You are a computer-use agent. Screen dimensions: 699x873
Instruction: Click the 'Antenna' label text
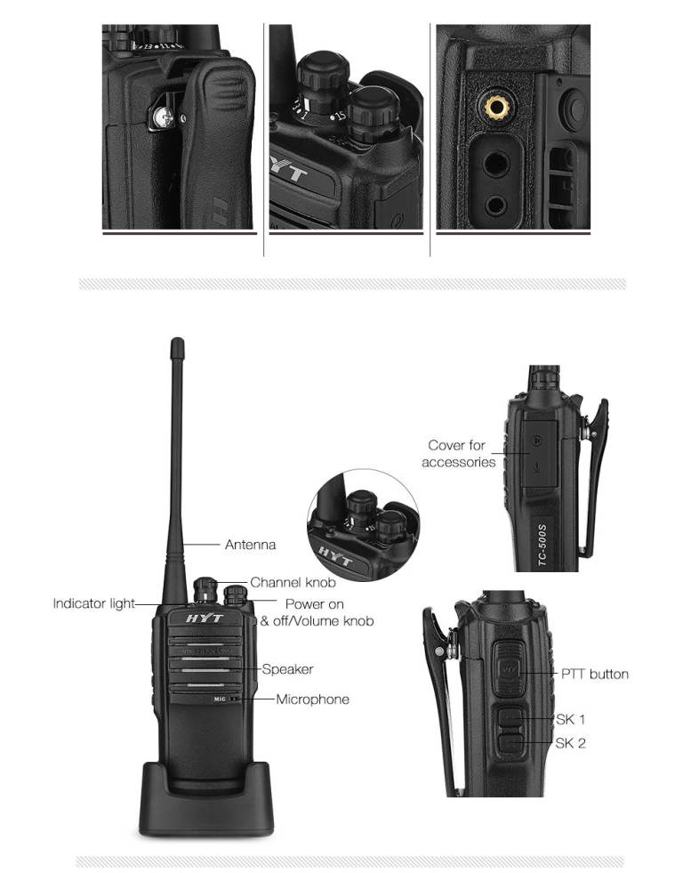[x=250, y=545]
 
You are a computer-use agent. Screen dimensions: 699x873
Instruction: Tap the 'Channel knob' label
[x=293, y=582]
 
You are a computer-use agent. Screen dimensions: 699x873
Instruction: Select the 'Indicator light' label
[x=93, y=603]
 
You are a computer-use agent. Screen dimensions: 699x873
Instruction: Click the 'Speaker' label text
[x=287, y=669]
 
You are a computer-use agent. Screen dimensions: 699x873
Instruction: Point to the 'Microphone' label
[x=313, y=699]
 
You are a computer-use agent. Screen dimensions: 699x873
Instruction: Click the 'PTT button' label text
[x=594, y=675]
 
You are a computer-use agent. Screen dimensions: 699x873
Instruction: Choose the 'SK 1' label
[x=570, y=719]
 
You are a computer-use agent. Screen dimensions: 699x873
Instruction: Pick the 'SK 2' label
[x=570, y=743]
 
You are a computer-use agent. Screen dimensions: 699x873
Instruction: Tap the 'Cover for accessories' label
[x=459, y=454]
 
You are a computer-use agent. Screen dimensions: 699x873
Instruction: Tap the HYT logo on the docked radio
[x=205, y=618]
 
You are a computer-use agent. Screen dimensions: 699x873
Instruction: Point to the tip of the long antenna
[x=178, y=340]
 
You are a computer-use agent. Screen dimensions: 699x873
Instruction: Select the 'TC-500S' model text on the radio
[x=542, y=545]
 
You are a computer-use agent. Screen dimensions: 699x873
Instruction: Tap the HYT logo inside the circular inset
[x=335, y=555]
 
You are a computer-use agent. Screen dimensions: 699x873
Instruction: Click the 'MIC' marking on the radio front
[x=220, y=699]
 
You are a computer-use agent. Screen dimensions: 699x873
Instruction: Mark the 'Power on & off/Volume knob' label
[x=317, y=612]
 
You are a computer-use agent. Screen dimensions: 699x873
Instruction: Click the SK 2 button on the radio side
[x=510, y=743]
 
